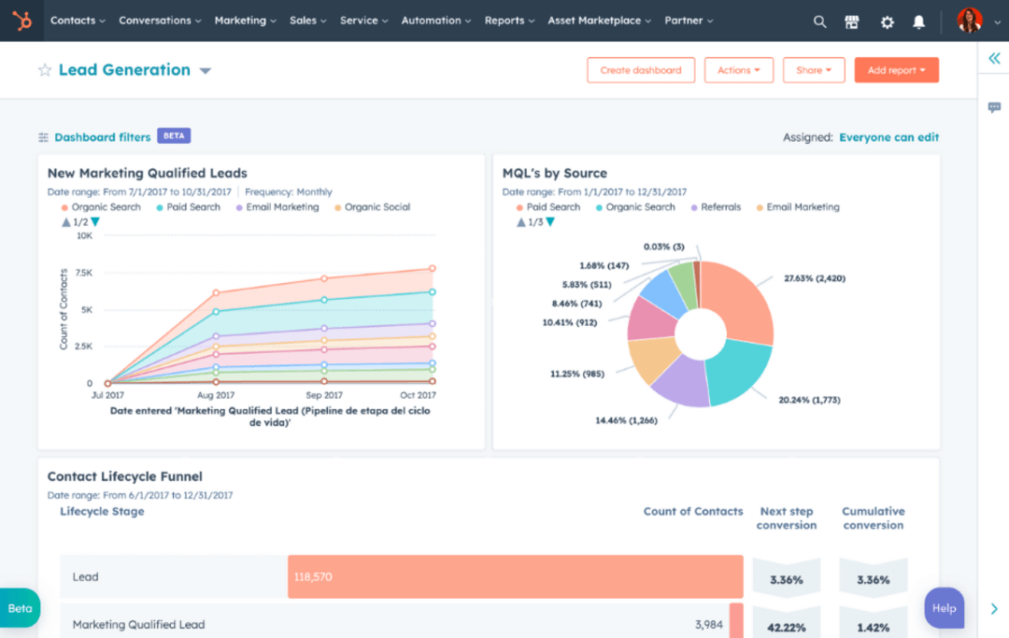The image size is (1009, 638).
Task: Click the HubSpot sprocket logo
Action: click(x=21, y=21)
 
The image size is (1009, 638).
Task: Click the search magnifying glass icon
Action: click(x=819, y=21)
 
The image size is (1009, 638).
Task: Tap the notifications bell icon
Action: click(x=919, y=21)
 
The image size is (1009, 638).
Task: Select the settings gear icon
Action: click(x=887, y=21)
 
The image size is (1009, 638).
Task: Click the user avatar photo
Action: click(x=970, y=21)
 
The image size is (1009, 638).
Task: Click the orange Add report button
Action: click(x=896, y=70)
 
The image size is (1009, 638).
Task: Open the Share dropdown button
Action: click(x=814, y=70)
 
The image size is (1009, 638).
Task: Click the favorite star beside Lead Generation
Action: click(x=45, y=70)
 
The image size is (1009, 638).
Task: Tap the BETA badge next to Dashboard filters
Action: click(x=174, y=136)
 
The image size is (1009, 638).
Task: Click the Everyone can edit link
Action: click(x=888, y=137)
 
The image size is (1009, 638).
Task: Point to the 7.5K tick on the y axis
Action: click(x=83, y=273)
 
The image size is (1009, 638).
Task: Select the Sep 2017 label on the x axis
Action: click(x=323, y=396)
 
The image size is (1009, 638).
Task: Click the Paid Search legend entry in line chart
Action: click(x=193, y=207)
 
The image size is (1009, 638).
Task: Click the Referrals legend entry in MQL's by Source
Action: click(x=720, y=207)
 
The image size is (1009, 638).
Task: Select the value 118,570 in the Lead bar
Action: click(x=312, y=577)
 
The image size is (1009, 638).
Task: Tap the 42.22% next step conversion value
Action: click(x=787, y=627)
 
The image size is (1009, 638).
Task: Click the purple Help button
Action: click(x=944, y=608)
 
